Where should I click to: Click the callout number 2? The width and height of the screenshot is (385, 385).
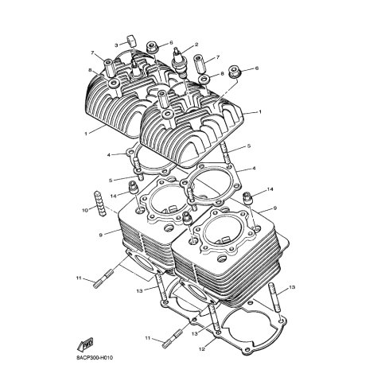click(x=196, y=45)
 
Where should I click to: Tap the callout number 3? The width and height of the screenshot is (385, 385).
click(x=116, y=45)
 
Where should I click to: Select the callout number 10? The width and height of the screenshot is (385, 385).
click(x=84, y=211)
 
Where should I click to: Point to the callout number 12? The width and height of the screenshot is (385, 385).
click(x=202, y=349)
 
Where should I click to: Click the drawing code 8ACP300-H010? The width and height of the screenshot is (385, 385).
click(x=95, y=358)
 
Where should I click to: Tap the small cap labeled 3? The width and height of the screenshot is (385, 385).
click(x=130, y=41)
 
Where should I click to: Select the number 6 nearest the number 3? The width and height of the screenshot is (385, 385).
click(x=171, y=42)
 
